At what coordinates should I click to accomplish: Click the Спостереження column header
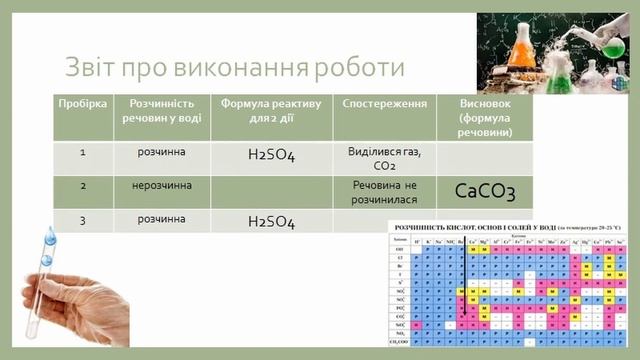coord(385,104)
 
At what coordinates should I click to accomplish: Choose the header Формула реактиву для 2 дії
coord(271,110)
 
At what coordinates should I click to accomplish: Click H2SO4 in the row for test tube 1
coord(271,155)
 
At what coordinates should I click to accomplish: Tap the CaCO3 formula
coord(485,191)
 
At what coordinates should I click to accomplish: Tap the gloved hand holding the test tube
coord(75,300)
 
